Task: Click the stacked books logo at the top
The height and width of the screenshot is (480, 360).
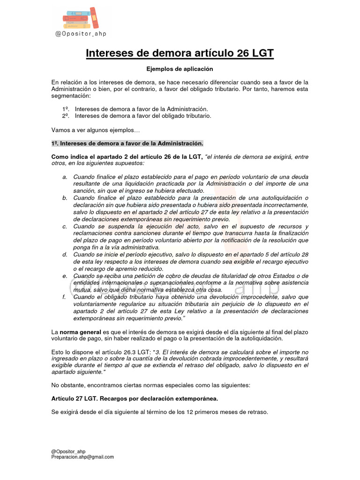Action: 81,18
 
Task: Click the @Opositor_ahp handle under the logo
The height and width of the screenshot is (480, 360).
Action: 81,34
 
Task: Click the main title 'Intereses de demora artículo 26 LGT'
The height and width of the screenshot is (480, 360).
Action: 180,53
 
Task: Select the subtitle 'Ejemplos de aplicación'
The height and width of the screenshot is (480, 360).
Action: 180,69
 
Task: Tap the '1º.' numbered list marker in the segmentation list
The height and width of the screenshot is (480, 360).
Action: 66,109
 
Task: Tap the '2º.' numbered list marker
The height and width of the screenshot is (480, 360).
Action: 66,115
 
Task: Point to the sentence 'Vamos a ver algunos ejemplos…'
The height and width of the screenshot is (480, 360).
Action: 96,129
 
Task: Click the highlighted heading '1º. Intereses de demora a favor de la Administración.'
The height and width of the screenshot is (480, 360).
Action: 127,143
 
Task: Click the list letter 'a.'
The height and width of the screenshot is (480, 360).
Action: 65,177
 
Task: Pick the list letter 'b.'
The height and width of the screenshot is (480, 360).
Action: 65,198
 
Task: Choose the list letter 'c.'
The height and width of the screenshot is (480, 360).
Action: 65,226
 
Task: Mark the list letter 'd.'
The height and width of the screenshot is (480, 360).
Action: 65,255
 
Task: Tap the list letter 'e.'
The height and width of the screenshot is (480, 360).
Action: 65,276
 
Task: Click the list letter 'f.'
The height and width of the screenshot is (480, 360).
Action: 64,297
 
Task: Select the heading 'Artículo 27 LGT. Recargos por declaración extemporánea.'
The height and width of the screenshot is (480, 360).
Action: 134,398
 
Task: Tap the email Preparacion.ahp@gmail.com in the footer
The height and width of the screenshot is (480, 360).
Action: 82,457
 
